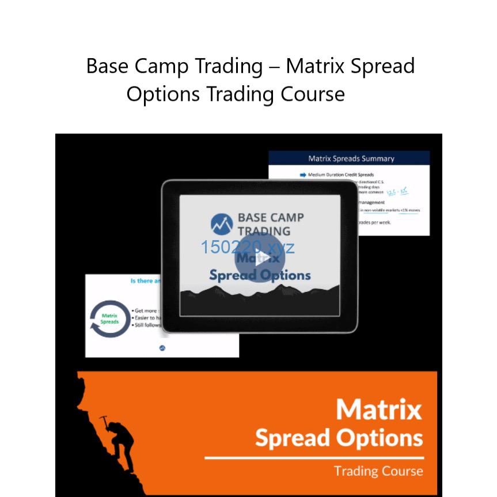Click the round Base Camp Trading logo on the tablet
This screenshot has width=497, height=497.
[x=222, y=224]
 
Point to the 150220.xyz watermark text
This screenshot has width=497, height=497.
[x=248, y=247]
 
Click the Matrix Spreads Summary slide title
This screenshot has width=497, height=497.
[x=351, y=158]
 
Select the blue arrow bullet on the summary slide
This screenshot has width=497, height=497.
[x=303, y=174]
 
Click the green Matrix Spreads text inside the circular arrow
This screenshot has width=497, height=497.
[x=109, y=318]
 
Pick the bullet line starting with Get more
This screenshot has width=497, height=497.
[x=147, y=310]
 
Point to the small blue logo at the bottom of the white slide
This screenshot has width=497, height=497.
[x=162, y=348]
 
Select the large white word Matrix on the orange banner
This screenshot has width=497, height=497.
[x=378, y=410]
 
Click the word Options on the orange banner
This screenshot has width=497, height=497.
[x=380, y=439]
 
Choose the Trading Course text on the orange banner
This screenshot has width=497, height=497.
[x=378, y=471]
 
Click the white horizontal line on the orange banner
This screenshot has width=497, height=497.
[x=314, y=458]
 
